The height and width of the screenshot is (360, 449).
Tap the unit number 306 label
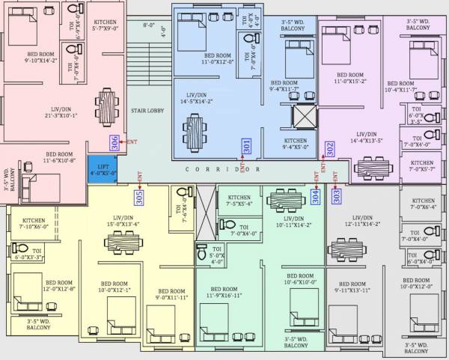point(114,142)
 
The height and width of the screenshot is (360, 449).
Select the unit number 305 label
point(139,197)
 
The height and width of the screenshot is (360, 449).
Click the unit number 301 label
point(247,147)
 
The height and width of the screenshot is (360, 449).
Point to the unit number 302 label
point(330,148)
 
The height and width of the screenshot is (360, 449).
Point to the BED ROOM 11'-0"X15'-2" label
point(351,79)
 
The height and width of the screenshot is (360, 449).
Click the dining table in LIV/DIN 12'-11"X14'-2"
point(353,248)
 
